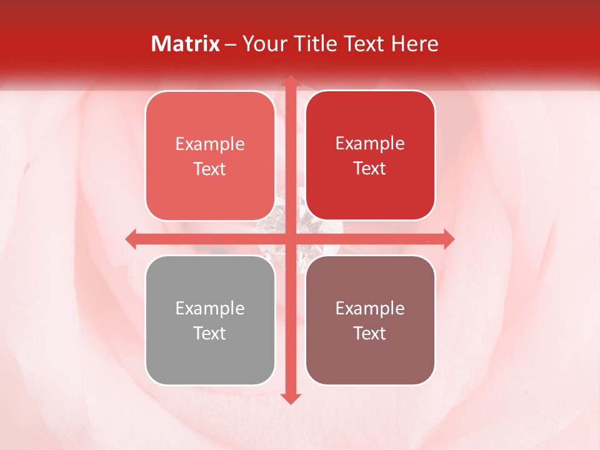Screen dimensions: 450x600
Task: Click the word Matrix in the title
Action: (186, 44)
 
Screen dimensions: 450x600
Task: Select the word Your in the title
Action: (263, 44)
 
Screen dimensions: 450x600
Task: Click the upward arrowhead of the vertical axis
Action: (290, 82)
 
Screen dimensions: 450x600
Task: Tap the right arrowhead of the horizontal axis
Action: (448, 239)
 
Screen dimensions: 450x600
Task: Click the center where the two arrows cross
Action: (290, 239)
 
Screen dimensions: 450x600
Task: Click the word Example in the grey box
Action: (210, 309)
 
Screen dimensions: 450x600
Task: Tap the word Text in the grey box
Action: (210, 333)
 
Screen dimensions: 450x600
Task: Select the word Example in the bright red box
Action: (370, 144)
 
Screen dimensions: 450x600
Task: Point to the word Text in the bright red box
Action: (370, 168)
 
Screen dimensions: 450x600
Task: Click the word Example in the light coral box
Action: (210, 144)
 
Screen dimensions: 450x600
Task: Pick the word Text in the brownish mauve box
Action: (370, 333)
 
